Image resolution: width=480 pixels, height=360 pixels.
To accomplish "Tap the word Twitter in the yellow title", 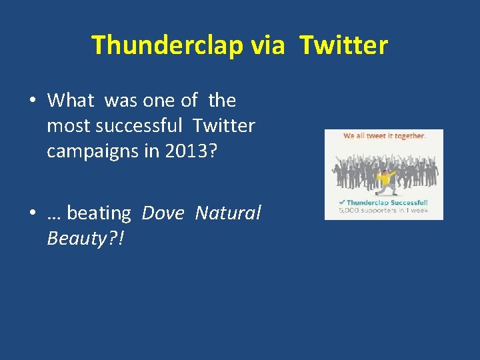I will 343,45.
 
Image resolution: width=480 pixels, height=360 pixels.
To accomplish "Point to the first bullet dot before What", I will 32,101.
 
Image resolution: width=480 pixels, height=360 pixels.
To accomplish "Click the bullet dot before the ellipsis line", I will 32,213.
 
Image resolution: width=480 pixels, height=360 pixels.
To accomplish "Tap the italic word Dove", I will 164,213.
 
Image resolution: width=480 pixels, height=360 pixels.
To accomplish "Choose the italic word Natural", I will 228,213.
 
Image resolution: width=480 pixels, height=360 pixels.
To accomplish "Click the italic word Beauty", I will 75,238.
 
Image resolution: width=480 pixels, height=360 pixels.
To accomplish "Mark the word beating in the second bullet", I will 99,213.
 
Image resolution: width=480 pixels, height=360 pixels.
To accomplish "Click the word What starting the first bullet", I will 71,101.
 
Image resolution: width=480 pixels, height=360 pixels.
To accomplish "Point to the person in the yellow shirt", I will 384,179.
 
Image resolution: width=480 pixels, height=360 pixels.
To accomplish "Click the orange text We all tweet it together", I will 384,136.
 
